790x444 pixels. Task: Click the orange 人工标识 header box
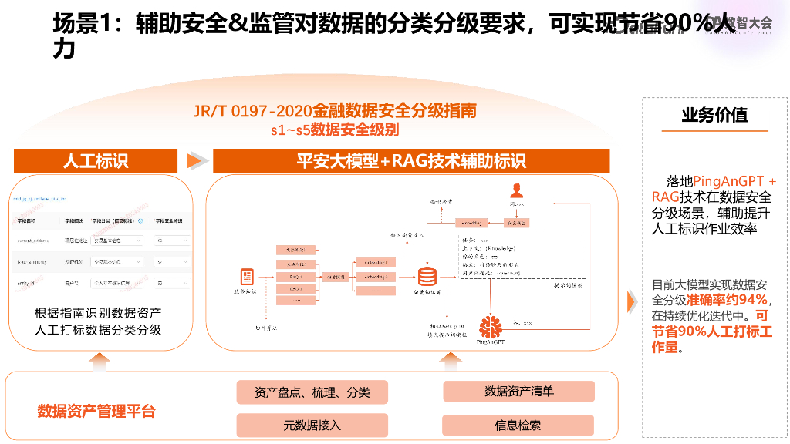(96, 160)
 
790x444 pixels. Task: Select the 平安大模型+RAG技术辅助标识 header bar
(411, 160)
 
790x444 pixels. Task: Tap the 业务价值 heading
(714, 115)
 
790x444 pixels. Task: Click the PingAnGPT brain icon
(490, 326)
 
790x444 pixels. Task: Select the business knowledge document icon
(248, 277)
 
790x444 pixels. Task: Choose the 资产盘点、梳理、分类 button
(312, 392)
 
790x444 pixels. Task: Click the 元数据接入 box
(312, 425)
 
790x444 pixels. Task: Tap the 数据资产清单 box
(518, 392)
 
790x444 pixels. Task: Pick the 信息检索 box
(518, 425)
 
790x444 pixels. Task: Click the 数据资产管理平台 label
(96, 411)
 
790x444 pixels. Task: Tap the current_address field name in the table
(33, 240)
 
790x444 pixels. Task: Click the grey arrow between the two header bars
(197, 160)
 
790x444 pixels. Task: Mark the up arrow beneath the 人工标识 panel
(100, 358)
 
